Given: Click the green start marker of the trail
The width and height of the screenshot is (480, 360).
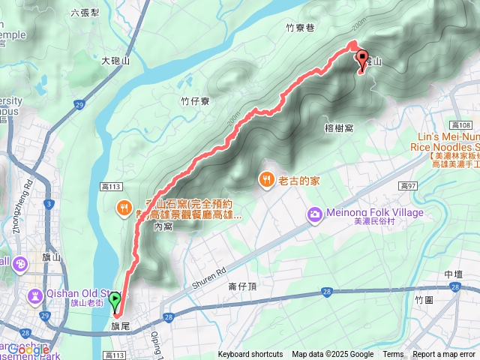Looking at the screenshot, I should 115,301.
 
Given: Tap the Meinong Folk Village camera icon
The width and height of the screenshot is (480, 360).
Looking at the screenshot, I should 314,215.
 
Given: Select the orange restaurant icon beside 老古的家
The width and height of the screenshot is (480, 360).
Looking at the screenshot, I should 266,179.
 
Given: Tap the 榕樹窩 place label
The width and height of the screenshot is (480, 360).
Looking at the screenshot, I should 340,128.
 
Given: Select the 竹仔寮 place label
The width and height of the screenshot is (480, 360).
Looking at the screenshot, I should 193,100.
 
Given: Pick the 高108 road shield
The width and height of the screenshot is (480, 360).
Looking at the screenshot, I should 461,124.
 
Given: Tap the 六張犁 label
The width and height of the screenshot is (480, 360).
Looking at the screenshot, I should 84,12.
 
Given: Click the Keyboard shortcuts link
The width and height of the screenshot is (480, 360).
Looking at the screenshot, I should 250,355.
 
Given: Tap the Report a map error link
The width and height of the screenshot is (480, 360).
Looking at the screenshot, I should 443,355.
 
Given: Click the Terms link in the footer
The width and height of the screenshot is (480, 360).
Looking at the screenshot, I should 393,355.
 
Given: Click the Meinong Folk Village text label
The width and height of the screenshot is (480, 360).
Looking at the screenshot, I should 375,213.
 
